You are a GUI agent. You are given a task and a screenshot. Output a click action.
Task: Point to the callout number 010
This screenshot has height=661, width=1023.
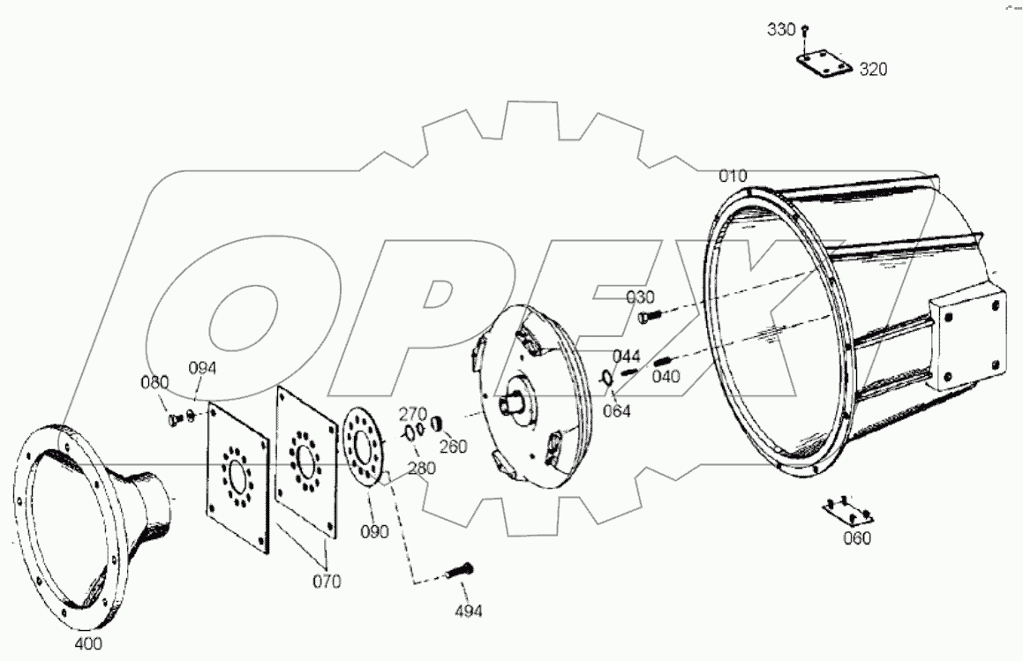pyautogui.click(x=732, y=177)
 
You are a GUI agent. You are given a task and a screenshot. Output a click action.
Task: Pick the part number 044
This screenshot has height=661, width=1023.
pyautogui.click(x=626, y=357)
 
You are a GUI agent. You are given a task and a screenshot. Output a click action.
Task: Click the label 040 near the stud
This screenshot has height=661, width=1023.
pyautogui.click(x=666, y=377)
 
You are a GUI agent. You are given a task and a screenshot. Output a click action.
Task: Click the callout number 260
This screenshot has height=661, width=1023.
pyautogui.click(x=453, y=447)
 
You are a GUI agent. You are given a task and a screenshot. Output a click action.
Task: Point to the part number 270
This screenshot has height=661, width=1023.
pyautogui.click(x=412, y=412)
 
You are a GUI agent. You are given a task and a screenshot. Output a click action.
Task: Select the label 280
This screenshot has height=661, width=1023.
pyautogui.click(x=421, y=468)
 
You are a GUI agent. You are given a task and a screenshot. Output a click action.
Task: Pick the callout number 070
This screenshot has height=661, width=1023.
pyautogui.click(x=327, y=582)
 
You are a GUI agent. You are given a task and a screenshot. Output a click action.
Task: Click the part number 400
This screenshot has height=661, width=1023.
pyautogui.click(x=88, y=643)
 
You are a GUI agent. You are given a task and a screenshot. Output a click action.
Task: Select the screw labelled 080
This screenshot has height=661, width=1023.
pyautogui.click(x=174, y=418)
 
